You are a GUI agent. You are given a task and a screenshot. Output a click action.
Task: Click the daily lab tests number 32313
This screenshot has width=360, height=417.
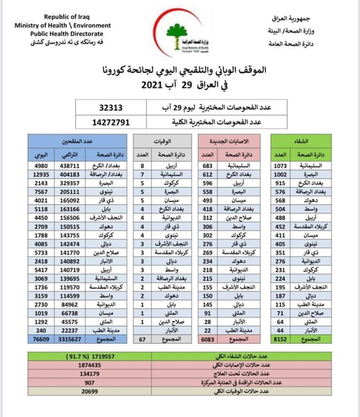[x=111, y=108]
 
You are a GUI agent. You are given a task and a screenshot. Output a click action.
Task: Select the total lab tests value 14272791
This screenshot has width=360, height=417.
[x=111, y=122]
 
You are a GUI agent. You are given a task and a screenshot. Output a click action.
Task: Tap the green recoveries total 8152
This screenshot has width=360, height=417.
[x=280, y=339]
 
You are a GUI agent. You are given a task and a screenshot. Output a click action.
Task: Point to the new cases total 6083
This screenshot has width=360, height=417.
[x=208, y=339]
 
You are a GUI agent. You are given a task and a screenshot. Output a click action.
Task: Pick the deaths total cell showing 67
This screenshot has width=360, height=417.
[x=142, y=339]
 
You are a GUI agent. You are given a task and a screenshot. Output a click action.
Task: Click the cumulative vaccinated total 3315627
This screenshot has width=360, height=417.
[x=69, y=339]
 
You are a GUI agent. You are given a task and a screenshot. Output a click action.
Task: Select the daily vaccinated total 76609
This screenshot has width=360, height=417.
[x=41, y=339]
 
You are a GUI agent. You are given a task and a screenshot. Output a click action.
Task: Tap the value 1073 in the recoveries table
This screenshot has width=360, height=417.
[x=280, y=166]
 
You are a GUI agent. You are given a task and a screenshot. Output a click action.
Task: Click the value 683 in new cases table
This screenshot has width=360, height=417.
[x=208, y=166]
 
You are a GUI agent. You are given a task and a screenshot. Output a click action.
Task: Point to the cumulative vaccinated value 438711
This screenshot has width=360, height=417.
[x=69, y=166]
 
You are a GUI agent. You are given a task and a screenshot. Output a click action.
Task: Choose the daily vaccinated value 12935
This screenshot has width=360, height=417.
[x=41, y=174]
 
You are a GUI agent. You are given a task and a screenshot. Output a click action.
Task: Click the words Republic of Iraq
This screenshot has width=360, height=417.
[x=67, y=17]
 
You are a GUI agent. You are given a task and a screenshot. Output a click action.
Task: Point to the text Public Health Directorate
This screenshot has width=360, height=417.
[x=67, y=34]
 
